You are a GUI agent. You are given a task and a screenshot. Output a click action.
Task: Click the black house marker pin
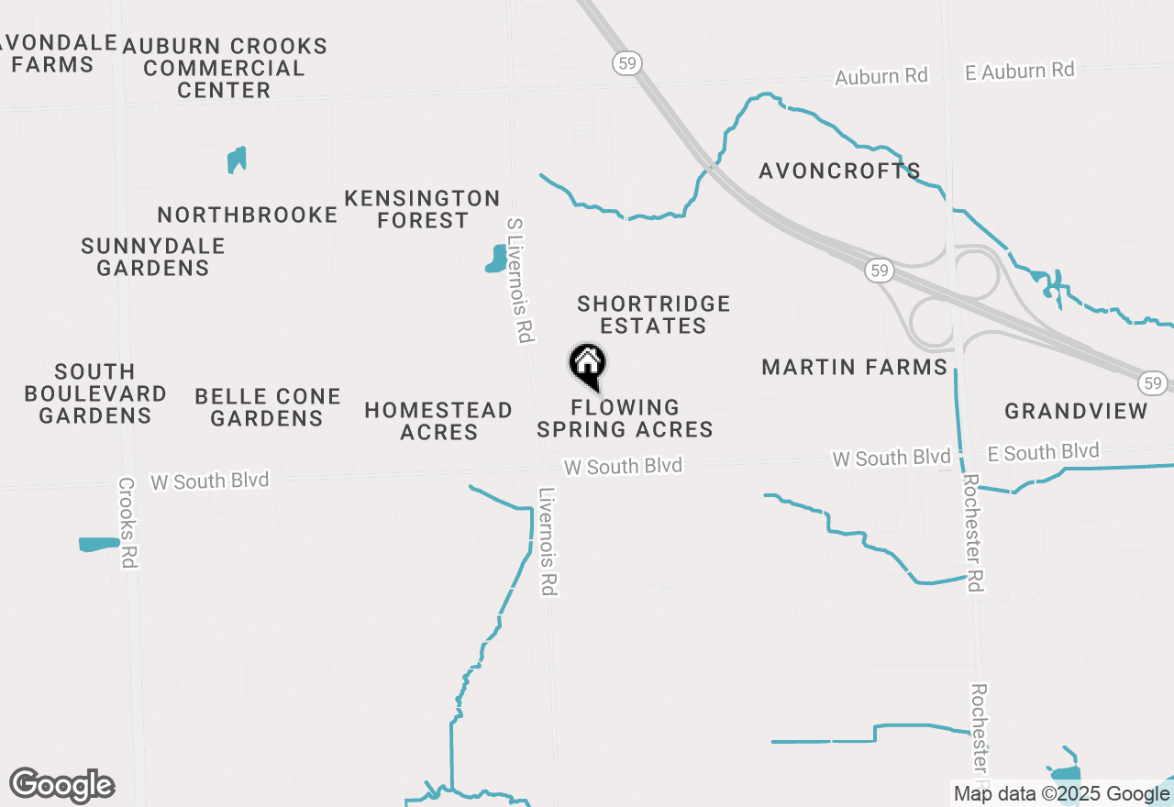pos(588,365)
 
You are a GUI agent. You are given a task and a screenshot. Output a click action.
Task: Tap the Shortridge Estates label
pos(654,315)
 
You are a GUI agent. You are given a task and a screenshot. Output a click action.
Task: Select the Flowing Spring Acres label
pos(625,418)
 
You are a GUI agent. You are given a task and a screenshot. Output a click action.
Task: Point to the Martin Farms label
pos(855,368)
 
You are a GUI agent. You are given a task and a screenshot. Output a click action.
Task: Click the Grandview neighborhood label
pos(1076,411)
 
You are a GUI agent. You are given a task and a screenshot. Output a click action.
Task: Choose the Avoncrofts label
pos(839,171)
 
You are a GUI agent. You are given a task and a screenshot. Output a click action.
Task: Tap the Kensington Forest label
pos(422,209)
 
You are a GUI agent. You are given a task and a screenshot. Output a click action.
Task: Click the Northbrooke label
pos(248,215)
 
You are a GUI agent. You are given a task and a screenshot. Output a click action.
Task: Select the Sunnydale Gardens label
pos(153,257)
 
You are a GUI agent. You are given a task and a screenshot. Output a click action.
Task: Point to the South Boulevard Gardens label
pos(95,393)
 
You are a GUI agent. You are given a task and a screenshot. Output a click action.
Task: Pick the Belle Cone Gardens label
pos(268,407)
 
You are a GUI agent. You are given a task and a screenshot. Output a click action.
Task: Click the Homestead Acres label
pos(438,421)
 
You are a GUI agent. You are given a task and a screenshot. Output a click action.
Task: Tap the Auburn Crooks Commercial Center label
pos(225,68)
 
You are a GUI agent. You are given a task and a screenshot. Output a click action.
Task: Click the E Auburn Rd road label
pos(1019,71)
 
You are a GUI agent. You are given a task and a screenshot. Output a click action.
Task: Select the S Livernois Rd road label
pos(519,281)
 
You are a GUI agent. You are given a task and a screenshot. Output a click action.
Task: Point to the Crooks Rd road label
pos(127,522)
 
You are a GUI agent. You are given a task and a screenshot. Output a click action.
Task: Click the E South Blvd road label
pos(1043,452)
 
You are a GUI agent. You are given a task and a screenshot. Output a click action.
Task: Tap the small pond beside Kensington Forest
pos(496,259)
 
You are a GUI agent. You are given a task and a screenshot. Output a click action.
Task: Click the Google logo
pos(61,786)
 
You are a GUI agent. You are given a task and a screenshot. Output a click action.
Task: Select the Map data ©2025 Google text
pos(1061,794)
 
